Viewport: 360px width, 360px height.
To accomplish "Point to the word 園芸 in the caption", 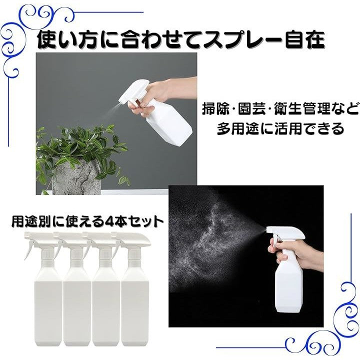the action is [252, 108].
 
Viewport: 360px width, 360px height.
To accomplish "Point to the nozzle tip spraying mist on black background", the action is [268, 230].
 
